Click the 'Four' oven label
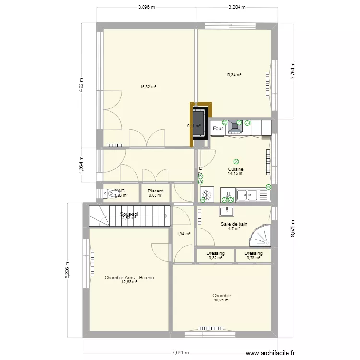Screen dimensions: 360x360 click(218, 129)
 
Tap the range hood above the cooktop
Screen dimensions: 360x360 click(235, 126)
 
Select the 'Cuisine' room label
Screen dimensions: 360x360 click(236, 169)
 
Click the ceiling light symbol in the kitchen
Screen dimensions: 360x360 click(236, 162)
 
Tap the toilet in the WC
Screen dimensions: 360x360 click(109, 193)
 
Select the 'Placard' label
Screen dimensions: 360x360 click(156, 191)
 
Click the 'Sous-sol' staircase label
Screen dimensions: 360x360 click(129, 214)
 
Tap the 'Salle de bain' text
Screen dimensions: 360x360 click(234, 224)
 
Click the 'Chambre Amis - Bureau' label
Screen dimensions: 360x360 click(129, 278)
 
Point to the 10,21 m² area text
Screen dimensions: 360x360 click(222, 300)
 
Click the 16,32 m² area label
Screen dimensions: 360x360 click(148, 87)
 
